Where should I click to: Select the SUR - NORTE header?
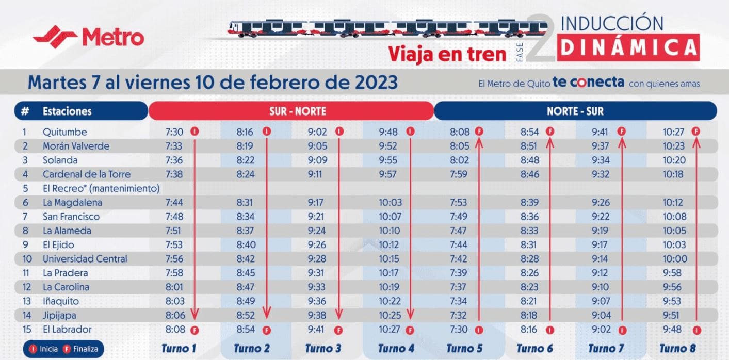[x=291, y=111]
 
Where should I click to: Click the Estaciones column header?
[x=67, y=111]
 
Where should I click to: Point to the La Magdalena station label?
[x=72, y=203]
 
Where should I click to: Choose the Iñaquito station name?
[x=61, y=301]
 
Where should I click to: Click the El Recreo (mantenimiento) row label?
[x=101, y=188]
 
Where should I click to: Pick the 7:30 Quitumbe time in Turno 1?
[x=174, y=132]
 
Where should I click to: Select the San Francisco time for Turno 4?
[x=390, y=217]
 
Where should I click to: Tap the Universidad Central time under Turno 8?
[x=675, y=259]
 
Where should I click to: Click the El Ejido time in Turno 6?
[x=529, y=245]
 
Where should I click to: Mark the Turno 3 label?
[x=323, y=349]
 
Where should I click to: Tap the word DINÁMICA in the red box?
[x=628, y=47]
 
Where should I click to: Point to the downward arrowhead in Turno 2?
[x=267, y=313]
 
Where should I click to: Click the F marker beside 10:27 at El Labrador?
[x=410, y=330]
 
